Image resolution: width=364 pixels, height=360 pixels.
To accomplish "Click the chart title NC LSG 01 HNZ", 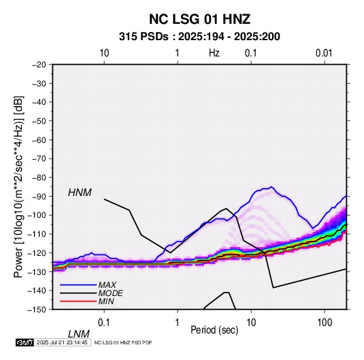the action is coord(199,19).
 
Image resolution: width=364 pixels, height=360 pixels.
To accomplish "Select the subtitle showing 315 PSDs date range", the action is coord(199,37).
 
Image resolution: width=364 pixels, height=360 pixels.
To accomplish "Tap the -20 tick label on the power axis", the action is coord(39,65).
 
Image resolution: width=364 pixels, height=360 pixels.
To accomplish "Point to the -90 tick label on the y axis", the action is coord(39,196).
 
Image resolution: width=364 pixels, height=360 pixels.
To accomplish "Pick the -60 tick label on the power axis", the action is coord(39,140).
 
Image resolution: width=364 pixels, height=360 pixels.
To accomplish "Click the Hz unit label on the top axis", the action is coord(214,53).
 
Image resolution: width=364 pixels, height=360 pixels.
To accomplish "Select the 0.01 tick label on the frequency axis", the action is coord(324,53).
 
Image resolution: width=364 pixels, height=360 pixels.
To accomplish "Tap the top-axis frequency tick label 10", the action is coord(104,53).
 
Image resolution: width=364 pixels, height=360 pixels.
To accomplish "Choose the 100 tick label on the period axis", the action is coord(325,322).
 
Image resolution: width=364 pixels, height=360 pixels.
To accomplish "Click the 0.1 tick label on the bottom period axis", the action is coord(103,322).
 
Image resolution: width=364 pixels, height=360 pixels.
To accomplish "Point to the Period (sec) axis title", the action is coord(214,330).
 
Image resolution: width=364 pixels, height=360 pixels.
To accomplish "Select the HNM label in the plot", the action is coord(80,193).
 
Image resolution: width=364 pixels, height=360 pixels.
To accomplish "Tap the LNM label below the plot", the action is coord(78,334).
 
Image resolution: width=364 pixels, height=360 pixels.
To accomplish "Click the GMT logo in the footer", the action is coord(25,342).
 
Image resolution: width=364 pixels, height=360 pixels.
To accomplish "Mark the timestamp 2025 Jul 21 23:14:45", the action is coord(62,342).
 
